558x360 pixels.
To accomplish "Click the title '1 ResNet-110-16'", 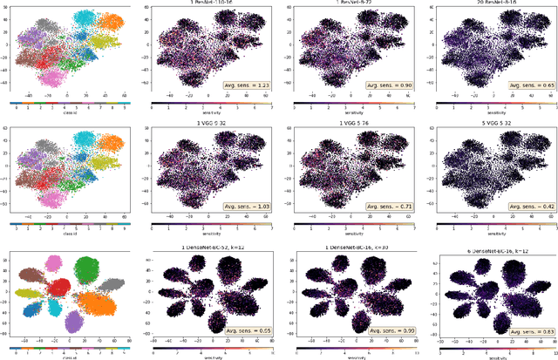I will coord(205,5).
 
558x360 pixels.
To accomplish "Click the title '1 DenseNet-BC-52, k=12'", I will coord(205,250).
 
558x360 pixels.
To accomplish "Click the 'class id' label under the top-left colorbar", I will coord(65,112).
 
